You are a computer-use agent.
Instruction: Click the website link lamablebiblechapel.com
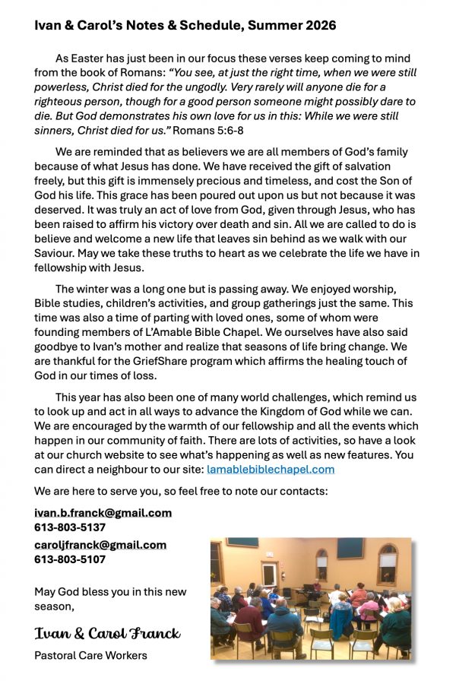(x=271, y=470)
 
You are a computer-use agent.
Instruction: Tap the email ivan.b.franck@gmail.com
(x=103, y=513)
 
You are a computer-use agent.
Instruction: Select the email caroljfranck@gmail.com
(x=100, y=545)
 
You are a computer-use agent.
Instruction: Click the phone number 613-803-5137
(x=70, y=527)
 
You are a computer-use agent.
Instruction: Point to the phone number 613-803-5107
(x=70, y=559)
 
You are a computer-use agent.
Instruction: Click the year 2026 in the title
(x=319, y=26)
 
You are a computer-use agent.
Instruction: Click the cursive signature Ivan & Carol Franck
(x=107, y=633)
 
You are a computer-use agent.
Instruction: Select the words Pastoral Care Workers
(x=90, y=655)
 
